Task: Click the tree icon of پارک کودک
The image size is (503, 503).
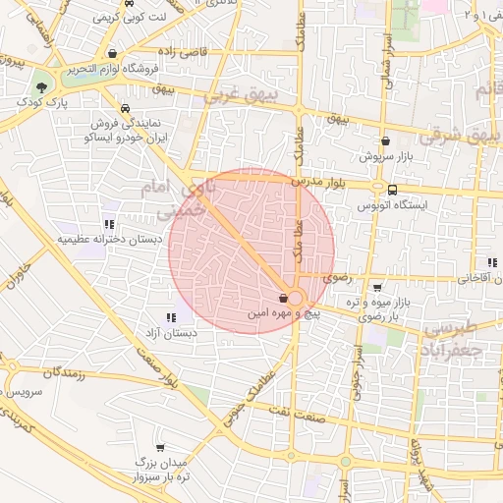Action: point(40,87)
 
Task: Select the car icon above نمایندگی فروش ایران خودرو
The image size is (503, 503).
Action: point(125,109)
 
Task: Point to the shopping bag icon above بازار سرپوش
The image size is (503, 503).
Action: point(385,140)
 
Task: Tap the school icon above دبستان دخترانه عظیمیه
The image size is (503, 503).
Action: point(108,224)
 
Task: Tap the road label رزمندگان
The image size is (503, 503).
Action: point(65,373)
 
